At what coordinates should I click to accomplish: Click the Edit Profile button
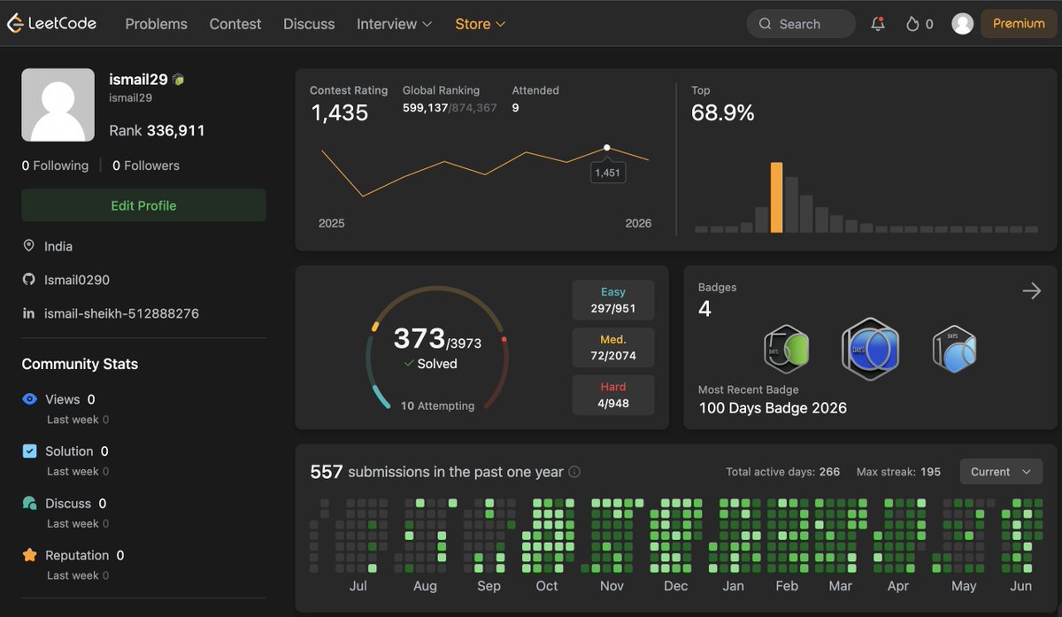pyautogui.click(x=143, y=205)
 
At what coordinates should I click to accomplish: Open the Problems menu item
pyautogui.click(x=156, y=24)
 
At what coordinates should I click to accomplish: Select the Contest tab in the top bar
pyautogui.click(x=235, y=24)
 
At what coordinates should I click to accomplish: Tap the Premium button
pyautogui.click(x=1019, y=24)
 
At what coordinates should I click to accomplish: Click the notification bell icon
pyautogui.click(x=878, y=24)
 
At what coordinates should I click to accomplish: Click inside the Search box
pyautogui.click(x=801, y=24)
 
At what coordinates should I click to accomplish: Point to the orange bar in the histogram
pyautogui.click(x=776, y=197)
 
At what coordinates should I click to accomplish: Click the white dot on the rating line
pyautogui.click(x=606, y=148)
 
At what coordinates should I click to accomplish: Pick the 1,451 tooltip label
pyautogui.click(x=607, y=173)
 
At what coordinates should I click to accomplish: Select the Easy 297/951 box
pyautogui.click(x=613, y=300)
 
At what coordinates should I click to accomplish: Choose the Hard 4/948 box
pyautogui.click(x=613, y=395)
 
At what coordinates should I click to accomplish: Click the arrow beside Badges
pyautogui.click(x=1032, y=290)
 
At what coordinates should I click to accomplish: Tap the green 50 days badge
pyautogui.click(x=787, y=349)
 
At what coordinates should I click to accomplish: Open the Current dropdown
pyautogui.click(x=1001, y=472)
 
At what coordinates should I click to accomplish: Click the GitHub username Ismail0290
pyautogui.click(x=77, y=280)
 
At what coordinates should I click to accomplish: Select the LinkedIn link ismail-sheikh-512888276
pyautogui.click(x=121, y=313)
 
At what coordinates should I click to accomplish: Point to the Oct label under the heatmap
pyautogui.click(x=547, y=586)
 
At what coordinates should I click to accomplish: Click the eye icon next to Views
pyautogui.click(x=29, y=399)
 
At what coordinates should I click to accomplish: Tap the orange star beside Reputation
pyautogui.click(x=29, y=555)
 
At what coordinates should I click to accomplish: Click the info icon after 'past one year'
pyautogui.click(x=574, y=472)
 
